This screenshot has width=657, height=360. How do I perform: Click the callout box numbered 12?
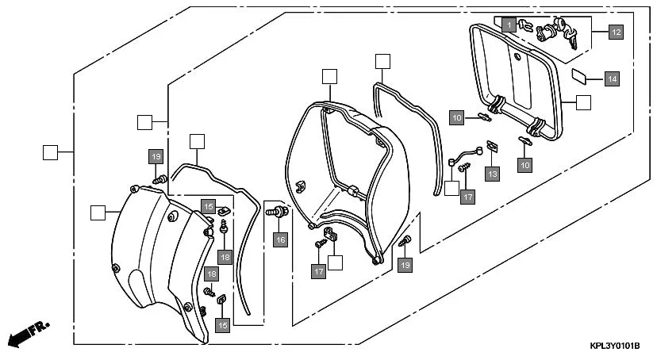[616, 33]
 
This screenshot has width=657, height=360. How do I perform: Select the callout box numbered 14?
[611, 79]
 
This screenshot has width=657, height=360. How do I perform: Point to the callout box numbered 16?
[280, 239]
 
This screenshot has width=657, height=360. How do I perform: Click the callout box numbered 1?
[507, 25]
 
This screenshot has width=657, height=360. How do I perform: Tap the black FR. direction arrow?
[25, 335]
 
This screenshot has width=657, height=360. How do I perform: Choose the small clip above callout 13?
[491, 146]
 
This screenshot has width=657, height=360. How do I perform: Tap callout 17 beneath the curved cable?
[467, 196]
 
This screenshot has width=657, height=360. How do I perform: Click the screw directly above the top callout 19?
[160, 179]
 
